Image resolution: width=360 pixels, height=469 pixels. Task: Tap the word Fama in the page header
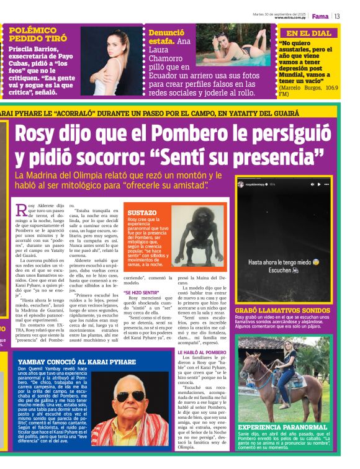[320, 16]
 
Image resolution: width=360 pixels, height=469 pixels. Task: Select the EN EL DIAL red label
[308, 33]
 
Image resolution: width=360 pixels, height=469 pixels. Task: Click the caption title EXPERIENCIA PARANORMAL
[282, 427]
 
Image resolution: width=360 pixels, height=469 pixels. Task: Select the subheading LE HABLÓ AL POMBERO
[202, 352]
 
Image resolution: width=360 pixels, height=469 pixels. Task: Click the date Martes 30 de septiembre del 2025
[279, 13]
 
